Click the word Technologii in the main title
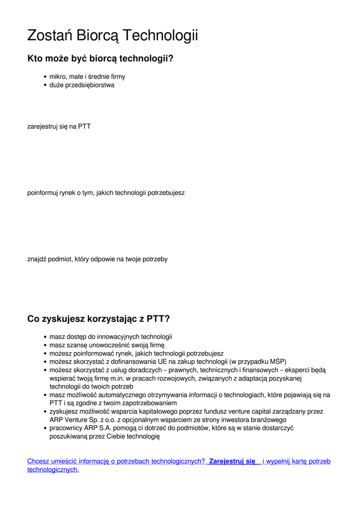pos(160,36)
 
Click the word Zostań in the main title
pos(48,36)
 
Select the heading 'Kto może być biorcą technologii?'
pos(100,59)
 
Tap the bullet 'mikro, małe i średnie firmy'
pos(87,77)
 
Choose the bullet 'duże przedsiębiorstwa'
pos(82,85)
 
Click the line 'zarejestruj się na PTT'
pos(59,127)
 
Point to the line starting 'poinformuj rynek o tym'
pos(106,192)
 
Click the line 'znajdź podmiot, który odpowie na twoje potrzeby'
pos(97,259)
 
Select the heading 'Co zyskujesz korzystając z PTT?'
pos(98,318)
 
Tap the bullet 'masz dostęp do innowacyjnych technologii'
pos(111,337)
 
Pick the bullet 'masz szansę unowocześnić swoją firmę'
pos(107,345)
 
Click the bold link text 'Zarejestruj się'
pos(232,461)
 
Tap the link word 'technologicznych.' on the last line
pos(53,469)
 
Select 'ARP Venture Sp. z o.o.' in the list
pos(82,420)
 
